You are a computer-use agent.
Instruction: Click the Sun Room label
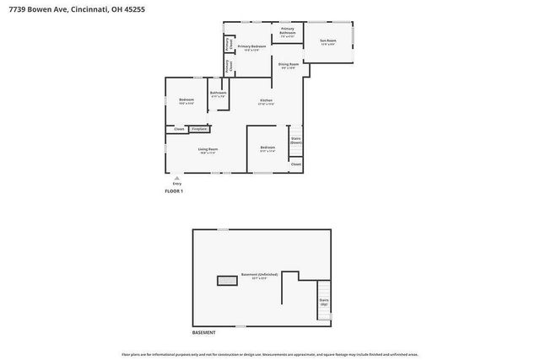(x=328, y=41)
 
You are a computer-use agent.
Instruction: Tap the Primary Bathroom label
(x=288, y=33)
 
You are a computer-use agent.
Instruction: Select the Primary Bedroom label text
(x=251, y=47)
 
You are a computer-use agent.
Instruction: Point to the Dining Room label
(x=288, y=65)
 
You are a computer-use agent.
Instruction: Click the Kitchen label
(x=266, y=101)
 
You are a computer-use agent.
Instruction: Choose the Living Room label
(x=208, y=150)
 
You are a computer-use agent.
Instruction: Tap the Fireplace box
(x=199, y=129)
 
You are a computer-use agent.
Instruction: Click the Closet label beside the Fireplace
(x=179, y=129)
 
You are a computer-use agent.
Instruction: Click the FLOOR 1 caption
(x=174, y=191)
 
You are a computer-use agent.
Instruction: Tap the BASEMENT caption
(x=203, y=332)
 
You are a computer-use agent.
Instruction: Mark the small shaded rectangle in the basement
(x=227, y=280)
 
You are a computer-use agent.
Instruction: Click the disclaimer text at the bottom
(x=270, y=354)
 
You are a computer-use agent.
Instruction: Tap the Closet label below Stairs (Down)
(x=295, y=164)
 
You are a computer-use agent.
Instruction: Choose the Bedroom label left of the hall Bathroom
(x=186, y=101)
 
